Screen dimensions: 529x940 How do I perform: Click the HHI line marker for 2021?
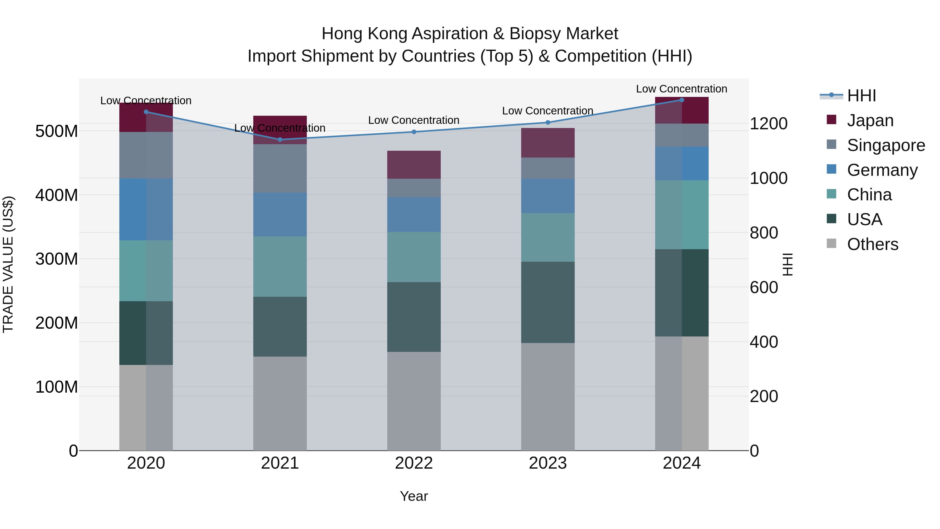pyautogui.click(x=280, y=139)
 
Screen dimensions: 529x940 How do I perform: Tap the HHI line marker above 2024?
pyautogui.click(x=682, y=100)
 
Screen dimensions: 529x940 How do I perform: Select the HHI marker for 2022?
pyautogui.click(x=414, y=132)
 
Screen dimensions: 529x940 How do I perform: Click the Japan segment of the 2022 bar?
pyautogui.click(x=414, y=164)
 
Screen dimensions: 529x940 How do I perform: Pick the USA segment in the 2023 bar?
pyautogui.click(x=548, y=302)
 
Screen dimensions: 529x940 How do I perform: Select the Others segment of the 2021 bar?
pyautogui.click(x=280, y=403)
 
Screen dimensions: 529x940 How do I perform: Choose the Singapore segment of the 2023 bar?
pyautogui.click(x=548, y=168)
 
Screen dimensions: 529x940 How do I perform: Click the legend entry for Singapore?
pyautogui.click(x=886, y=145)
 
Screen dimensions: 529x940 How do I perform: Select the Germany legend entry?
pyautogui.click(x=882, y=170)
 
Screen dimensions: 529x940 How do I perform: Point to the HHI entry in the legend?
pyautogui.click(x=861, y=96)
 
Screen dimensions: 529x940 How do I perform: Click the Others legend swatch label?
pyautogui.click(x=872, y=244)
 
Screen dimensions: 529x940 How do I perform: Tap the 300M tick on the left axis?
pyautogui.click(x=57, y=259)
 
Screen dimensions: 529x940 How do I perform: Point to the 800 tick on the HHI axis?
pyautogui.click(x=764, y=232)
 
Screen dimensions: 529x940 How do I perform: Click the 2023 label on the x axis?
pyautogui.click(x=548, y=463)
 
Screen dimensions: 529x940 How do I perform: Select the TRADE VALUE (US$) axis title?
pyautogui.click(x=8, y=264)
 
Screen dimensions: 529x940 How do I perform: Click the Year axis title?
pyautogui.click(x=414, y=496)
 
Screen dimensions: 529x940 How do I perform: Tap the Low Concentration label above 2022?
pyautogui.click(x=414, y=120)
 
